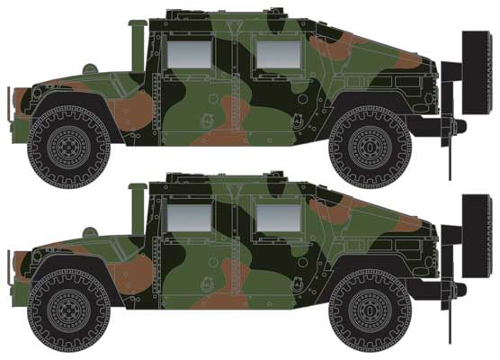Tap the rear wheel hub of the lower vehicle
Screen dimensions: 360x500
click(370, 307)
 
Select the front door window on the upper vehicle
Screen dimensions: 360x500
click(191, 52)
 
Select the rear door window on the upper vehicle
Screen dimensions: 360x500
click(277, 52)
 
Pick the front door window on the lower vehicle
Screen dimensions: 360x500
click(191, 217)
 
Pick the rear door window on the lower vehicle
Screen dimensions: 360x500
click(277, 217)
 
